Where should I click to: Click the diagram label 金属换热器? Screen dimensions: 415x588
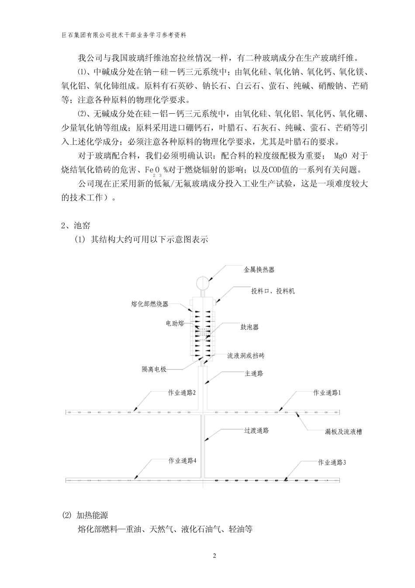[259, 270]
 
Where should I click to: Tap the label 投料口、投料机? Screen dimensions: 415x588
[273, 291]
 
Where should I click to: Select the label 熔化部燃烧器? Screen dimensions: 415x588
[150, 304]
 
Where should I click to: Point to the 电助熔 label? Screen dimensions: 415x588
[175, 323]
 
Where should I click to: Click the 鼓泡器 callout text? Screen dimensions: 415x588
[249, 327]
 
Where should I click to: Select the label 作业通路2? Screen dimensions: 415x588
[182, 392]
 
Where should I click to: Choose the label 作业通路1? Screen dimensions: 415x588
[327, 392]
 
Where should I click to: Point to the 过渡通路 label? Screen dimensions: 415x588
[256, 430]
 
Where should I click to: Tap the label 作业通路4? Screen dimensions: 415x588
[182, 461]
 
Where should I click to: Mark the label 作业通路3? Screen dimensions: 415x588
[332, 462]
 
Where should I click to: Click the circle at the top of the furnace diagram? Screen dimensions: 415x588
[203, 283]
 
